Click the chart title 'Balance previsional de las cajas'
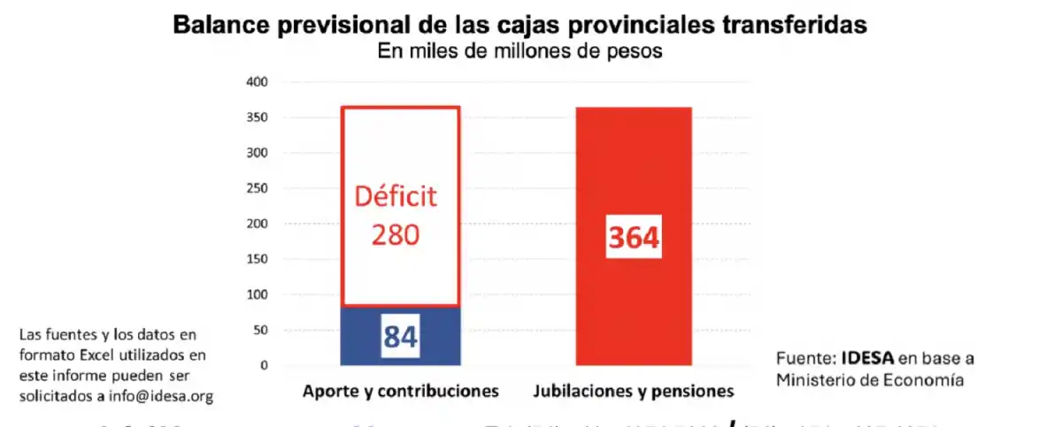[x=372, y=25]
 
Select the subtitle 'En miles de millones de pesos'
[x=519, y=51]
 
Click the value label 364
[x=634, y=238]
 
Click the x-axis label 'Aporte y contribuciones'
[x=401, y=391]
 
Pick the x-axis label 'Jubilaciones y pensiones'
[x=634, y=391]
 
